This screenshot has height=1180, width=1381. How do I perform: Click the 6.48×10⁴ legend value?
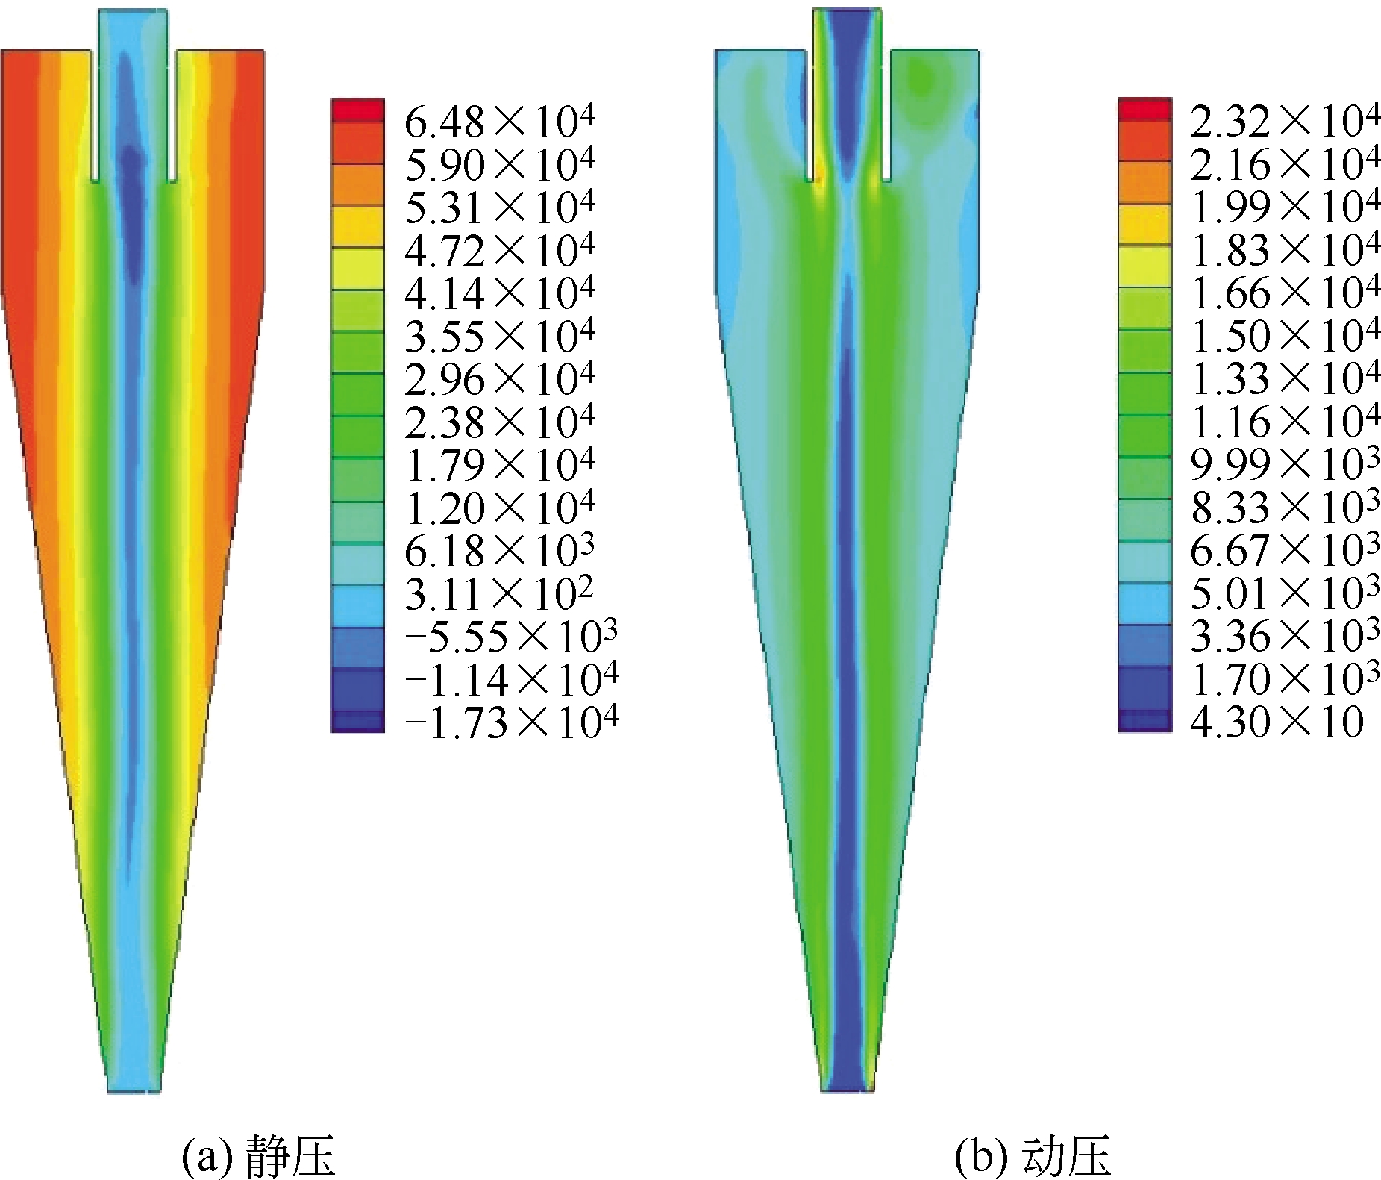pyautogui.click(x=500, y=121)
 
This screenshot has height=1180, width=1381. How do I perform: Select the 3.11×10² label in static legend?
pyautogui.click(x=499, y=595)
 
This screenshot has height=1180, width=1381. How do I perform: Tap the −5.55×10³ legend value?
pyautogui.click(x=511, y=637)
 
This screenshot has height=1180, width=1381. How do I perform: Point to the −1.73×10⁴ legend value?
pyautogui.click(x=511, y=722)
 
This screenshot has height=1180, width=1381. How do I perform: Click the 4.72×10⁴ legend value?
pyautogui.click(x=500, y=250)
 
